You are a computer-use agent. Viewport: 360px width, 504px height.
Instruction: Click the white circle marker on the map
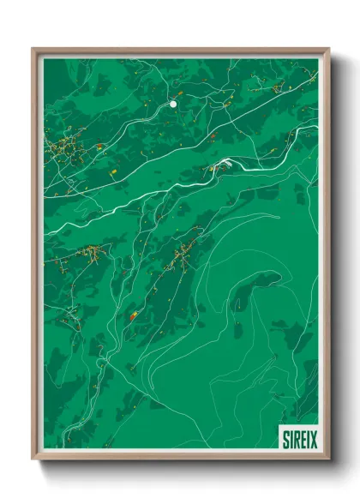coord(173,104)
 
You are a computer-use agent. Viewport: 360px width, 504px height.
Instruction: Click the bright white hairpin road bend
coord(225,162)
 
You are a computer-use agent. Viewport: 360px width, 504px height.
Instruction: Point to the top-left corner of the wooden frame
coord(33,49)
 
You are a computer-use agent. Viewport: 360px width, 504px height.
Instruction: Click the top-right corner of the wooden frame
coord(328,49)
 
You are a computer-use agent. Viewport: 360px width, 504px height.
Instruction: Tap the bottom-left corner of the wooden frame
coord(33,460)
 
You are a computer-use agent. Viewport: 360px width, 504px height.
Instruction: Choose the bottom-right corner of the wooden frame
coord(328,460)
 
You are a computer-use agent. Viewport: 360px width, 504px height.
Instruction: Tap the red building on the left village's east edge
coord(100,147)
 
